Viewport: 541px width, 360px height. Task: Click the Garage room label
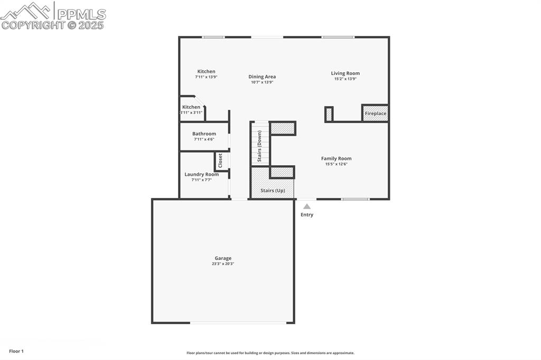(223, 258)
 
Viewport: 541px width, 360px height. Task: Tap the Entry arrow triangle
(307, 206)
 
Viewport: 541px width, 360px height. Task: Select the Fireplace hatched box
(375, 113)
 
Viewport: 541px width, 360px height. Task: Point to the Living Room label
(345, 73)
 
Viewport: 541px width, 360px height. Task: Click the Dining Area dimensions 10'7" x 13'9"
(262, 82)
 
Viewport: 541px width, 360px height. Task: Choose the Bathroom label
(204, 134)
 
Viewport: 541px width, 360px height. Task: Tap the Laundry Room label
(201, 174)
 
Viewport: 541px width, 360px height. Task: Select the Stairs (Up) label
(273, 190)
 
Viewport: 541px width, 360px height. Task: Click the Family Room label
(336, 158)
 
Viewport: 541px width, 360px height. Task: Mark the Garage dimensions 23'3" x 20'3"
(223, 264)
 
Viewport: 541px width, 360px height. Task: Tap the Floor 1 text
(16, 351)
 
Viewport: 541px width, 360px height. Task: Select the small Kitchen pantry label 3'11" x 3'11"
(191, 112)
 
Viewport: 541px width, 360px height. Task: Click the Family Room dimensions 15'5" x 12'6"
(336, 164)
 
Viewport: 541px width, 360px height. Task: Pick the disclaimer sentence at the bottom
(270, 353)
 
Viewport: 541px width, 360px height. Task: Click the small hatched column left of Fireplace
(329, 114)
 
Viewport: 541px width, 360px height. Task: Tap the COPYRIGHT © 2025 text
(53, 25)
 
